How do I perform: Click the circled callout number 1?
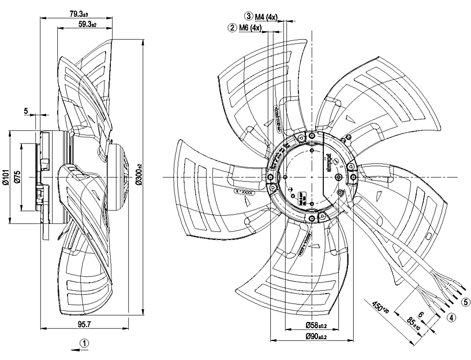tap(85, 343)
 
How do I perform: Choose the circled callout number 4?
tap(452, 316)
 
